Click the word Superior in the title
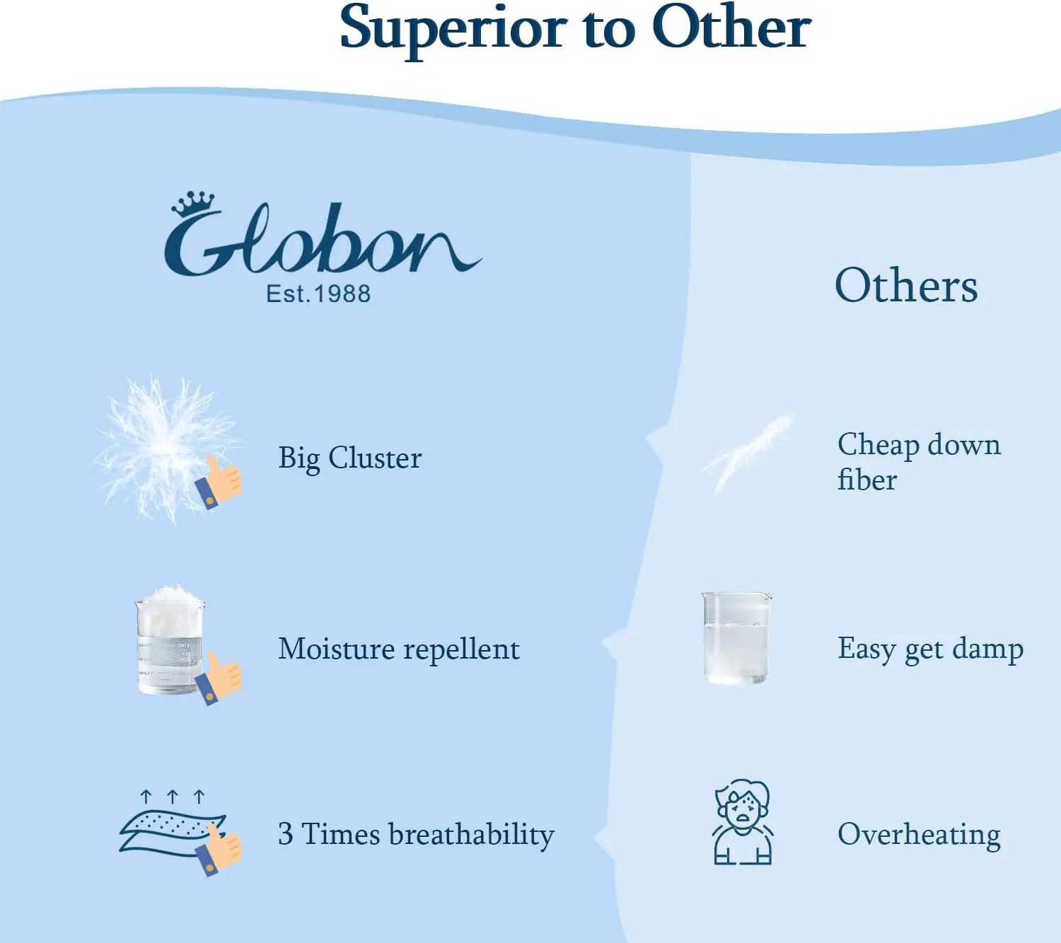[x=453, y=28]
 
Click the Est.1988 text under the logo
[x=318, y=294]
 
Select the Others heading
[x=906, y=286]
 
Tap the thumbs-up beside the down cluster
[x=220, y=482]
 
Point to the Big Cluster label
[x=350, y=458]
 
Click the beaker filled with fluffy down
[x=169, y=640]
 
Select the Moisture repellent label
[x=399, y=649]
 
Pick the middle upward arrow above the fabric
[x=172, y=797]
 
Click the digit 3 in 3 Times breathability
[x=285, y=834]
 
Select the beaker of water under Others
[x=736, y=639]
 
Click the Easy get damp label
[x=930, y=649]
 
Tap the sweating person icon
[x=742, y=823]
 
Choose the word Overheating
[x=919, y=835]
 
